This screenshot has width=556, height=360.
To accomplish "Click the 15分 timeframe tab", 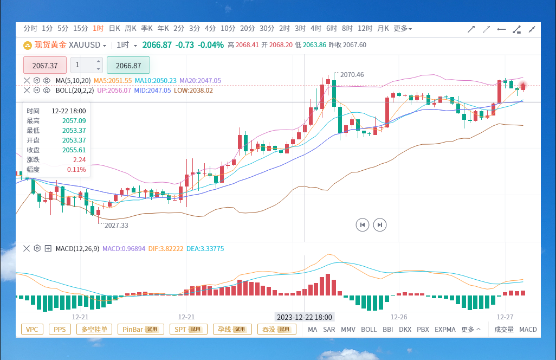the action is (81, 28).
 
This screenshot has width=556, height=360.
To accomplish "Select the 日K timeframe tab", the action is (114, 28).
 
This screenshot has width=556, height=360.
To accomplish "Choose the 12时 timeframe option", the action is (365, 28).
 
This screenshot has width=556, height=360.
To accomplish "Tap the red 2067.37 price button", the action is (45, 65).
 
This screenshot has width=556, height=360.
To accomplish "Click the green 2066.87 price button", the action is (128, 65).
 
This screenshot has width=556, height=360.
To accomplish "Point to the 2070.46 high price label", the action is (352, 74).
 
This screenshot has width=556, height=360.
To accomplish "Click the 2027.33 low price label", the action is (117, 225).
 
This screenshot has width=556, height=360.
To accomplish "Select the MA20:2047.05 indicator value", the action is (200, 81).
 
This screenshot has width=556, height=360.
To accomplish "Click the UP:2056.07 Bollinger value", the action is (114, 91).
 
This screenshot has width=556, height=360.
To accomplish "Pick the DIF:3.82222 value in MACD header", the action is (166, 249).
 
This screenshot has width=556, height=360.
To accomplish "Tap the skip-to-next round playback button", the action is (380, 225).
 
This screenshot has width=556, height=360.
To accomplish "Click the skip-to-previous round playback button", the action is (363, 225).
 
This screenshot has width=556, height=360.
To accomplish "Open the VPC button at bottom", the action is (32, 330).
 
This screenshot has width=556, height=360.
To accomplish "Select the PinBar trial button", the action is (141, 330).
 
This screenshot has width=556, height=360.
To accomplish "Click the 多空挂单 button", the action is (94, 330).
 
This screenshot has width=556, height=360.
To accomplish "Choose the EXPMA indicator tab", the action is (445, 330).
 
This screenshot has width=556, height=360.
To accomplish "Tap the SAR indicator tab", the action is (329, 330).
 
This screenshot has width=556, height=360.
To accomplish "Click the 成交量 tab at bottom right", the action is (504, 330).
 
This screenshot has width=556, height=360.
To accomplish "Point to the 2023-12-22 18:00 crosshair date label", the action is (304, 317).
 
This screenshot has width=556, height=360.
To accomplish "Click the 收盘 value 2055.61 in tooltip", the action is (74, 150).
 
